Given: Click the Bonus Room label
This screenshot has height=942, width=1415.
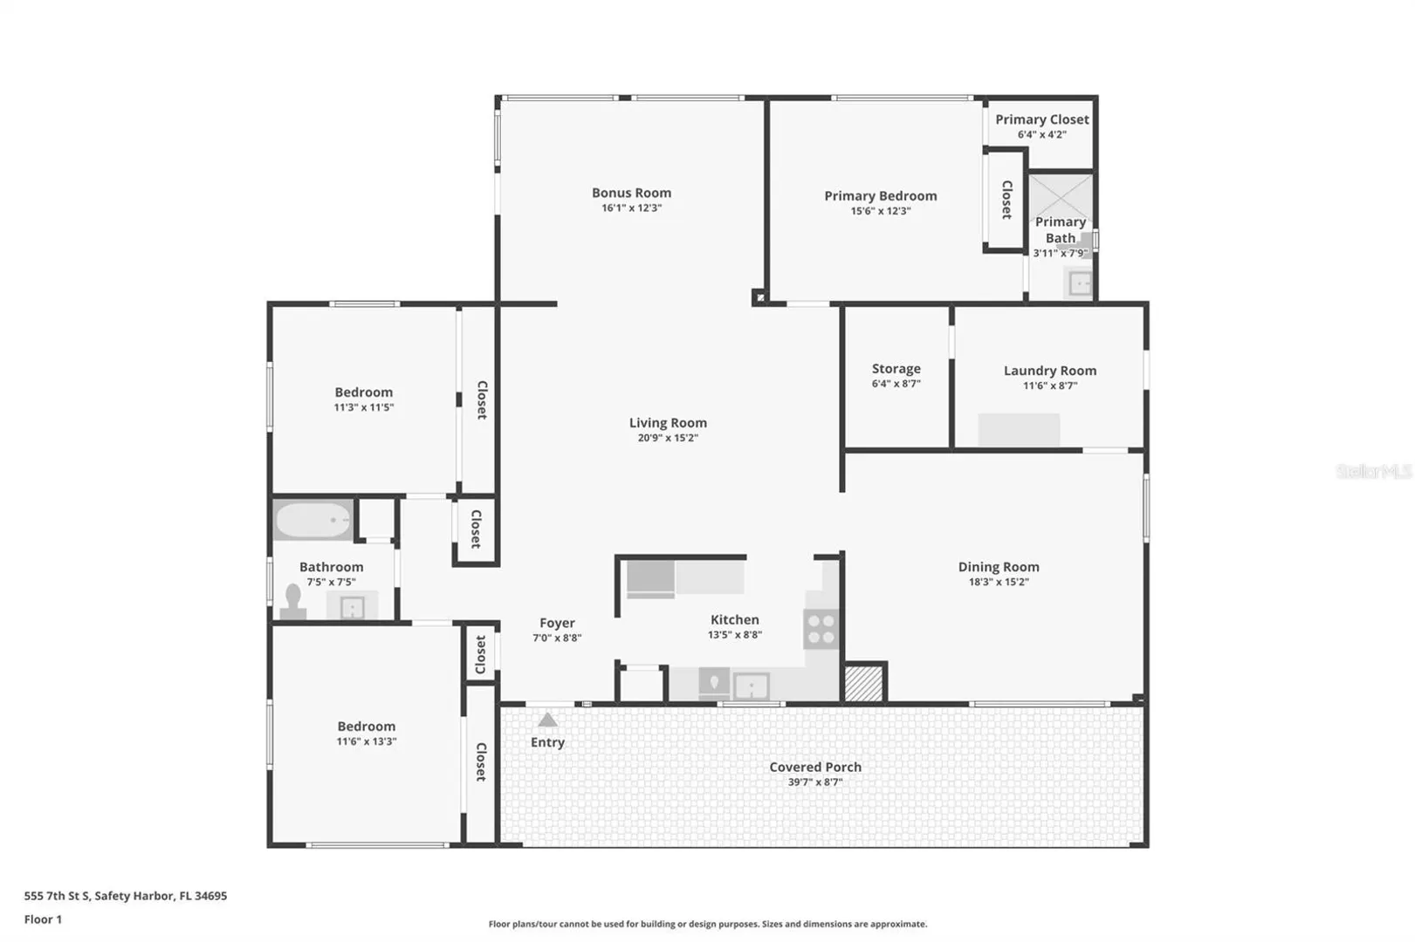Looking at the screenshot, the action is (x=631, y=193).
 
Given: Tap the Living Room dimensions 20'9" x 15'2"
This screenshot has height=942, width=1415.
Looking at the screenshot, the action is (x=668, y=438).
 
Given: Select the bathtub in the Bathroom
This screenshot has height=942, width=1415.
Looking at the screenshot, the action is (x=313, y=520).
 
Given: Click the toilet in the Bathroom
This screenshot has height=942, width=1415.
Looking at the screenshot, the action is (x=293, y=603).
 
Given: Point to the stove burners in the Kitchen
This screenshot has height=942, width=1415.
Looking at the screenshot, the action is (x=821, y=629).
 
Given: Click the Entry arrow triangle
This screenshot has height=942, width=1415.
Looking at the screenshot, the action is (x=547, y=720).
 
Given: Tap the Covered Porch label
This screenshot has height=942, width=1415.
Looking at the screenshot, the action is (x=815, y=767).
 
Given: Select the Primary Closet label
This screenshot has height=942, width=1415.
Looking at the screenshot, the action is (x=1041, y=119).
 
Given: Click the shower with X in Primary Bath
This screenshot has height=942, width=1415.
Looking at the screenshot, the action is (x=1061, y=197).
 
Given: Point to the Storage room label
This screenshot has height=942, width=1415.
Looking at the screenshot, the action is (x=896, y=369).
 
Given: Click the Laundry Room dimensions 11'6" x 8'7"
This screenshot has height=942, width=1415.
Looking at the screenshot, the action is (x=1050, y=386).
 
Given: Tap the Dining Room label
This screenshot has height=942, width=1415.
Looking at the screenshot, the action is (x=998, y=567).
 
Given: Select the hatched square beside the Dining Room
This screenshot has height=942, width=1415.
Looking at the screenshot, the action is (x=863, y=683).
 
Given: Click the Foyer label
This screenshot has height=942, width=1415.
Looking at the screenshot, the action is (x=557, y=623).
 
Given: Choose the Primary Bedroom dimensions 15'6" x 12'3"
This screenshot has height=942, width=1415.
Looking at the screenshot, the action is (x=881, y=211).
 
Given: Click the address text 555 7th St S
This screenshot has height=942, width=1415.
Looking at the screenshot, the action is (x=58, y=895).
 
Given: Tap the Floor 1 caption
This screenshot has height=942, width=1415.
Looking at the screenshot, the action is (x=43, y=919).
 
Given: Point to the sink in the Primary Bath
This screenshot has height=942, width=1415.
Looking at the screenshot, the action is (x=1078, y=283).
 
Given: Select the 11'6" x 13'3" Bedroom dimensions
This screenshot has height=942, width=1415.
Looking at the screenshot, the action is (x=367, y=741).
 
